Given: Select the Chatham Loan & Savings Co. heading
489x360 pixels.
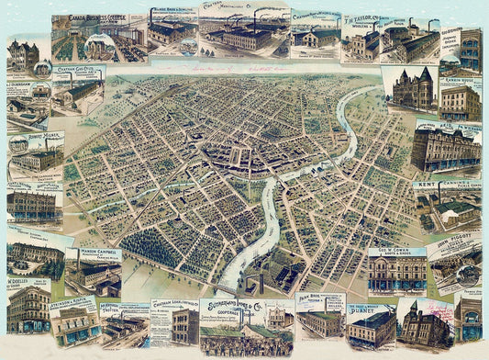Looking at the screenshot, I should pos(173,305).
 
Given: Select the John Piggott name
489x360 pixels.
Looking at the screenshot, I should pos(455,239).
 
